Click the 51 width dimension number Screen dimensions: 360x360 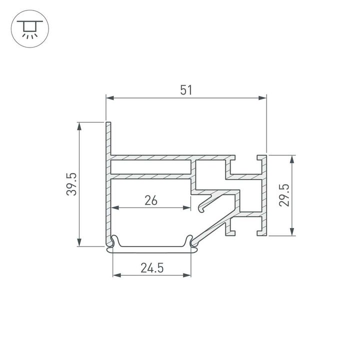pyautogui.click(x=185, y=90)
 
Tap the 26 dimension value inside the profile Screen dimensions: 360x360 pyautogui.click(x=151, y=200)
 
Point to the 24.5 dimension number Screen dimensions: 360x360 pyautogui.click(x=152, y=268)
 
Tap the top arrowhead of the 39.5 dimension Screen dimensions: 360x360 pyautogui.click(x=78, y=125)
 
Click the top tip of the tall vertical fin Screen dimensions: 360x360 pyautogui.click(x=107, y=123)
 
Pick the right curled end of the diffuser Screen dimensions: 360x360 pyautogui.click(x=190, y=241)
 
